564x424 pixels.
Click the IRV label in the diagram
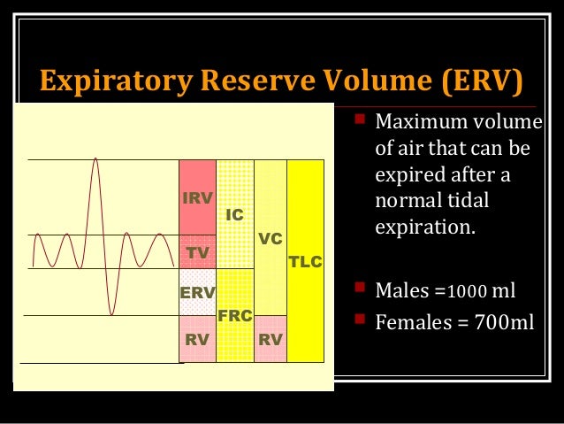point(197,198)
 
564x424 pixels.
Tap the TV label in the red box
point(197,253)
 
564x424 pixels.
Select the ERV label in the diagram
point(197,292)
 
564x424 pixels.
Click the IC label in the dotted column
point(234,215)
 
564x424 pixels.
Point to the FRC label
point(235,315)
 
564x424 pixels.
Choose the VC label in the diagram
point(270,239)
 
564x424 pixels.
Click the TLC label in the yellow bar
point(306,263)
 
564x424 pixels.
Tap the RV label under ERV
point(197,338)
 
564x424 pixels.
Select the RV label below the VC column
point(271,338)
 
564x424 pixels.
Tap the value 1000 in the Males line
point(466,291)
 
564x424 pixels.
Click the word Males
point(406,290)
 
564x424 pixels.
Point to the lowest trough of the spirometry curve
point(111,313)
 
